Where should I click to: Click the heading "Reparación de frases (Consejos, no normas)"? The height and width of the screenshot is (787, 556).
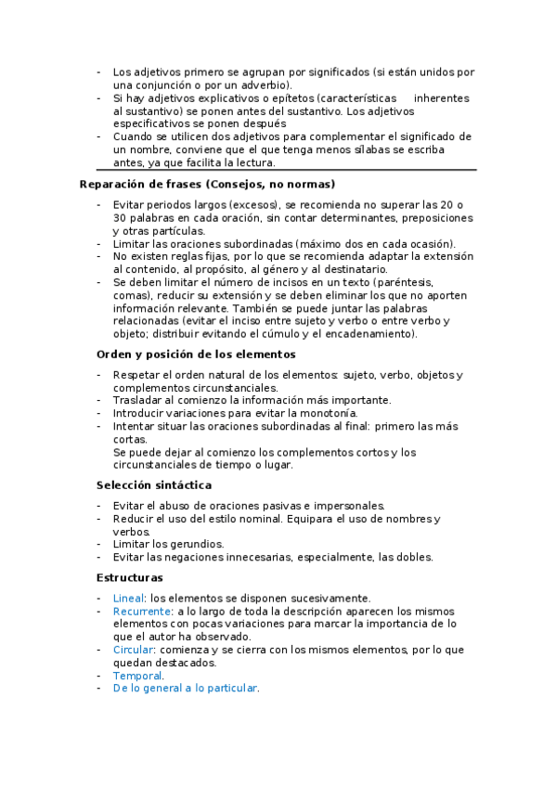[x=207, y=184]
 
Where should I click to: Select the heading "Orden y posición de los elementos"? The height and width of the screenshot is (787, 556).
[x=196, y=354]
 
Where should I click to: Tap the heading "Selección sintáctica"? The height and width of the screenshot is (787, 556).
[x=154, y=484]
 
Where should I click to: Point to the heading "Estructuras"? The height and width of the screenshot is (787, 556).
[x=130, y=577]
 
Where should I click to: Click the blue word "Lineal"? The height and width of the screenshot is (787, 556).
[x=128, y=599]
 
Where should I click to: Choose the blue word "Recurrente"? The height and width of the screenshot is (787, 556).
[x=142, y=612]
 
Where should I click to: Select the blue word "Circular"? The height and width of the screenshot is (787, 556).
[x=133, y=651]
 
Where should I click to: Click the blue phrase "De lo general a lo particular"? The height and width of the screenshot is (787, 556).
[x=185, y=690]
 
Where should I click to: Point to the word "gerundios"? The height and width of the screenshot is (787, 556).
[x=197, y=544]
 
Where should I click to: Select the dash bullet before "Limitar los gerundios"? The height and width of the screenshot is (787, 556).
[x=99, y=544]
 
